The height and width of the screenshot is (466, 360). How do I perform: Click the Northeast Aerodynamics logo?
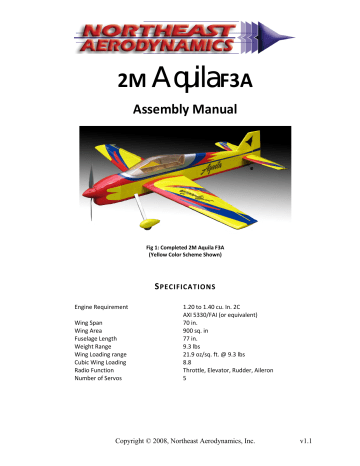(x=179, y=32)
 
